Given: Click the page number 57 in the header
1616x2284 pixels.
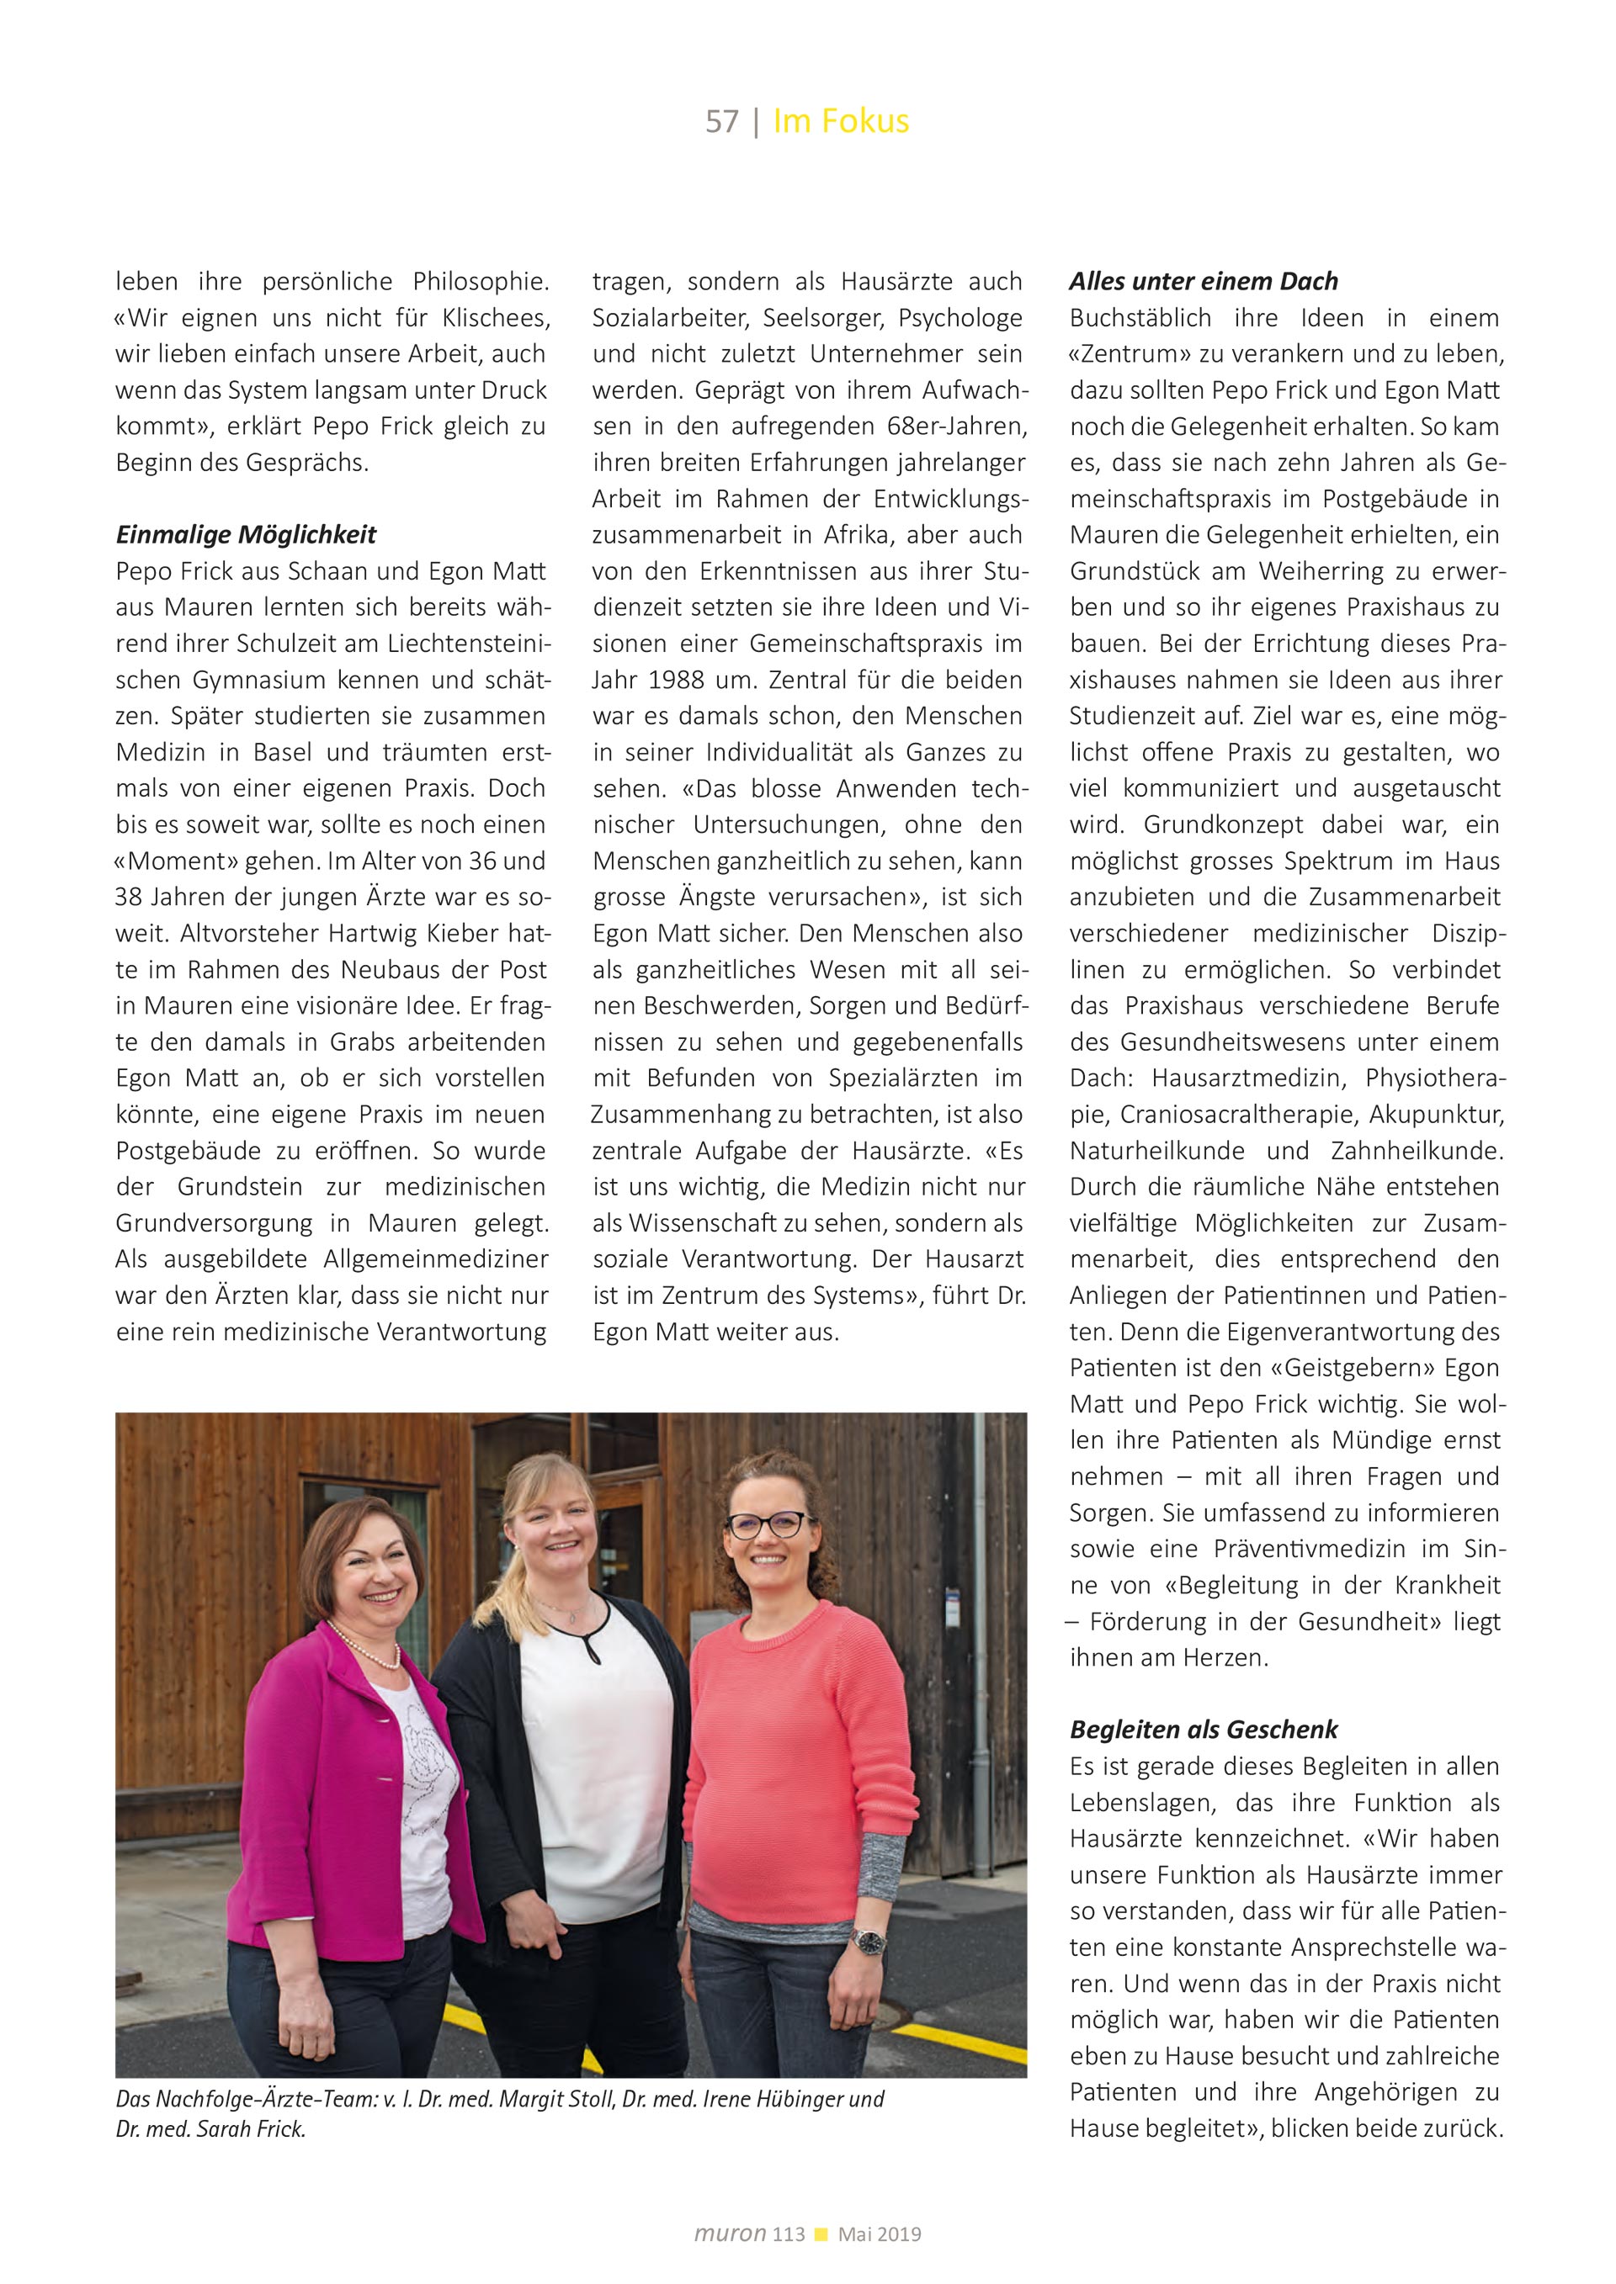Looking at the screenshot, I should pos(721,121).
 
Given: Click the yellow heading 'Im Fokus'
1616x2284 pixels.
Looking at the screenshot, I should pos(841,121).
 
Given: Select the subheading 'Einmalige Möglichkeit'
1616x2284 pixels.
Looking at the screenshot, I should pos(246,535).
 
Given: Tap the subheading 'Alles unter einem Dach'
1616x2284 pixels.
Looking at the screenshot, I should pos(1203,282).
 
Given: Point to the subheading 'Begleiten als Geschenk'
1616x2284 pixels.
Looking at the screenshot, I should pos(1203,1730).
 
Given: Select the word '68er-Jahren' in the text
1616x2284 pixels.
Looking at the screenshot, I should pos(956,427).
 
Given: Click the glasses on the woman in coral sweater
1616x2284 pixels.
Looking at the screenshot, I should pos(768,1525).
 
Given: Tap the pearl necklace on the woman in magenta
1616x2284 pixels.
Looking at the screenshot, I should pos(366,1651).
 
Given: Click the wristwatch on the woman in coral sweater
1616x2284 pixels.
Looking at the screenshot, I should pos(867,1940).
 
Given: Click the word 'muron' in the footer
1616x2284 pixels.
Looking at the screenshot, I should pos(730,2234).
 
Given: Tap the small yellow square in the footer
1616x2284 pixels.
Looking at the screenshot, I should pos(821,2234).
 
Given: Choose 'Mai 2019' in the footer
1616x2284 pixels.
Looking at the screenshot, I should pos(880,2234).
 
